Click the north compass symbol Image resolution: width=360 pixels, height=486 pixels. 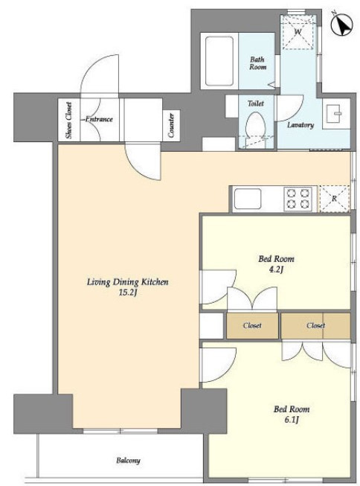coord(341,24)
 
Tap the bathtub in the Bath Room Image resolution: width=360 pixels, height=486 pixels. coord(219,61)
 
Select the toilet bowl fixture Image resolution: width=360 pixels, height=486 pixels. coord(256,126)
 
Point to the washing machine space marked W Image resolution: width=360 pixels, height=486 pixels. coord(298,32)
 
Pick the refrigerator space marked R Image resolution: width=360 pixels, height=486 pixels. coord(335,199)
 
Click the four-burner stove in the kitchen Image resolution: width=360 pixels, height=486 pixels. coord(298,199)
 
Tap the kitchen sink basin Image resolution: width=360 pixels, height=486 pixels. coord(248,199)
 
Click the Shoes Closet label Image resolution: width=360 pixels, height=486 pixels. coord(68,120)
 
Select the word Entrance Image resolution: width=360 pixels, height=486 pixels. coord(99,119)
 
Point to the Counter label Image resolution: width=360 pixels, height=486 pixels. coord(171,125)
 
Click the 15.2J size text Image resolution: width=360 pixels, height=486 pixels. coord(128,292)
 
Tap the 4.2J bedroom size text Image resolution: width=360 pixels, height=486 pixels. coord(276,269)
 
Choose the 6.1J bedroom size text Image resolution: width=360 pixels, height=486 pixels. coord(292,420)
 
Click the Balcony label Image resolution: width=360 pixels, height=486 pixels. coord(128,461)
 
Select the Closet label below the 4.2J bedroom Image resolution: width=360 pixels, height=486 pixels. coord(252,325)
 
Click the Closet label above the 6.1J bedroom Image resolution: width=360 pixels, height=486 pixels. coord(315,325)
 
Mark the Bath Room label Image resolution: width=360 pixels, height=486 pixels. coord(258,63)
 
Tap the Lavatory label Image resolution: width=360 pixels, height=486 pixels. coord(300,125)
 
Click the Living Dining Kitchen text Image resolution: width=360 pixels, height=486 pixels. coord(128,282)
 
